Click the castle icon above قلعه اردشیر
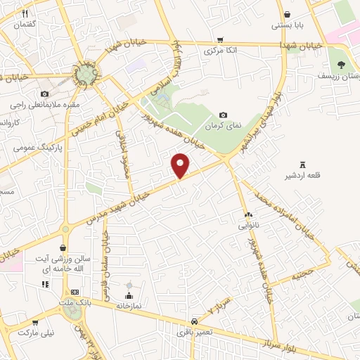[x=303, y=163]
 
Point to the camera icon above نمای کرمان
[x=224, y=115]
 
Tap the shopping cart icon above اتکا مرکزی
[x=221, y=40]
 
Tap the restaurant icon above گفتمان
[x=25, y=13]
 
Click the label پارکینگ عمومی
[x=39, y=148]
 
